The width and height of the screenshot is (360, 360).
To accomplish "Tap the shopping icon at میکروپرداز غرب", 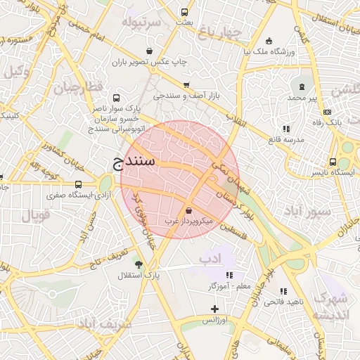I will tap(188, 210).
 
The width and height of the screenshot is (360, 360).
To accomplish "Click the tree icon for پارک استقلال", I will tap(139, 264).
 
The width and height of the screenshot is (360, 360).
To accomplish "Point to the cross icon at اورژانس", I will tap(214, 309).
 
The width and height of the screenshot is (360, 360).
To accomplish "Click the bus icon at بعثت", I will tap(184, 12).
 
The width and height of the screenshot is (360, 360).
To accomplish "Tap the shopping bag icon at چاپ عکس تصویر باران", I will tap(150, 51).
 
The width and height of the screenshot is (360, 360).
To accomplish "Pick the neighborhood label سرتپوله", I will tap(141, 22).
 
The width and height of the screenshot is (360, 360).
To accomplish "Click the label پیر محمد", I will tap(307, 97).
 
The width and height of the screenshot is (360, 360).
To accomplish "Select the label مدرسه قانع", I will tap(286, 139).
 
